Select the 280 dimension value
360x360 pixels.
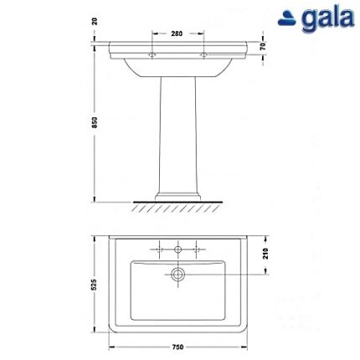point(177,34)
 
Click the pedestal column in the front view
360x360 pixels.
point(177,134)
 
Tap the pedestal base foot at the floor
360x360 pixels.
point(177,198)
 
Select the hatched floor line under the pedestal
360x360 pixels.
point(177,205)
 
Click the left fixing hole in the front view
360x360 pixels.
point(151,55)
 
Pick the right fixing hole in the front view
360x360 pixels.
point(203,55)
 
